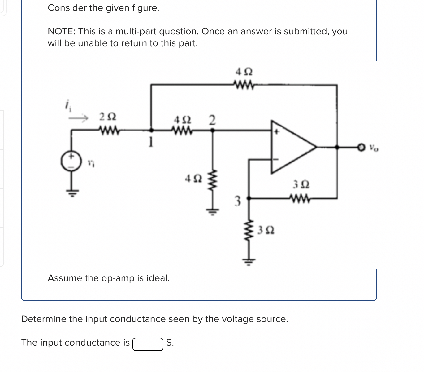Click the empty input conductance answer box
(x=148, y=344)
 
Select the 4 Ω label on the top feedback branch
(x=244, y=72)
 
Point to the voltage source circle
(x=71, y=161)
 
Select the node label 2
(x=212, y=120)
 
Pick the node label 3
(x=237, y=201)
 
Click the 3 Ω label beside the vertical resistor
(x=266, y=230)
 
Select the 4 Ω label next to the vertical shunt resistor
(x=193, y=179)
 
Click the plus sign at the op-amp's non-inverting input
(x=277, y=132)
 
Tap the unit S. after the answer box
(x=170, y=343)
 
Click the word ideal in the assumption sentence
(x=159, y=278)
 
